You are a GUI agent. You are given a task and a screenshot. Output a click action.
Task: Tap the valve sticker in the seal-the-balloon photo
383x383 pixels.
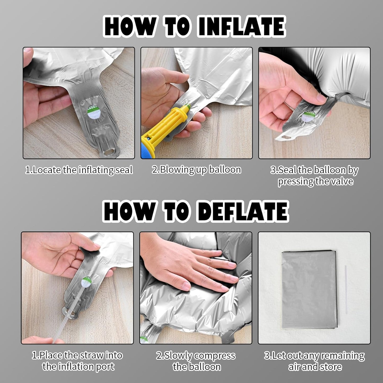[308, 116]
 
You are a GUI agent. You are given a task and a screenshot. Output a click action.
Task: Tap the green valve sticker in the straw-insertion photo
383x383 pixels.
[86, 282]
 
